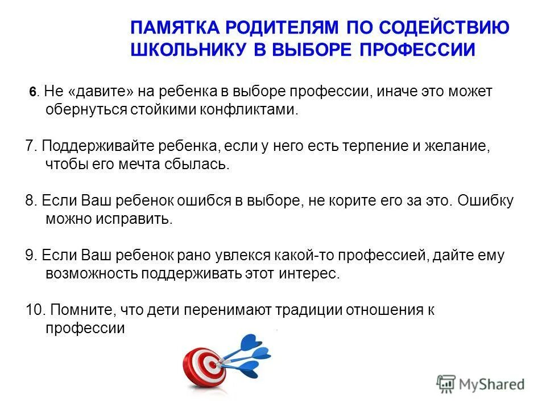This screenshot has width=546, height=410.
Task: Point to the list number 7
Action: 31,146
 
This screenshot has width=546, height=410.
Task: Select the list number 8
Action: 31,200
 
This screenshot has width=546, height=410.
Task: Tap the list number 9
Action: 31,255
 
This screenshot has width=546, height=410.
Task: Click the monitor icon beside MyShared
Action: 446,383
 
